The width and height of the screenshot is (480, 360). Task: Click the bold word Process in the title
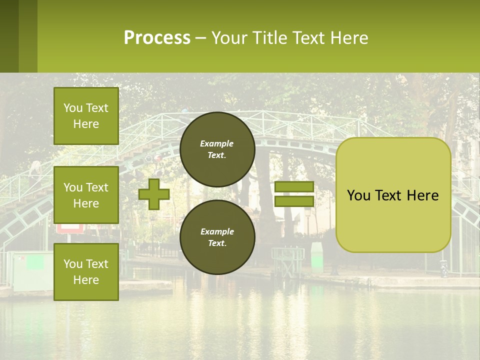tap(157, 38)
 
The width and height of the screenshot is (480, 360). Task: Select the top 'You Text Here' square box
tap(86, 116)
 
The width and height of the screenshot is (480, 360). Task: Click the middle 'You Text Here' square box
tap(86, 195)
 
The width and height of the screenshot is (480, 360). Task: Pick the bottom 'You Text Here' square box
tap(86, 272)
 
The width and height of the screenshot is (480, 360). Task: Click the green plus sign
tap(154, 194)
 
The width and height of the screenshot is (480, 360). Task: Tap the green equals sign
tap(294, 194)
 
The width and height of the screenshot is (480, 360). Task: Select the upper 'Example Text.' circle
tap(217, 149)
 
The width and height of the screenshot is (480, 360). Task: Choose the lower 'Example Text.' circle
tap(217, 237)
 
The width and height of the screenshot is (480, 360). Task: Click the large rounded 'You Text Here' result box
tap(393, 195)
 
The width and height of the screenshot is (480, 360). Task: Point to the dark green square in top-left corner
tap(9, 36)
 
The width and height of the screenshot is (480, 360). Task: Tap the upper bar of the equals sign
tap(294, 187)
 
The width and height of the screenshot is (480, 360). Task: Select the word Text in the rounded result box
tap(391, 195)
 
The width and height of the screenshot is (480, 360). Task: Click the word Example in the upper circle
tap(217, 143)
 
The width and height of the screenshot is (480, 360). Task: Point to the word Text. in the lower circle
tap(217, 243)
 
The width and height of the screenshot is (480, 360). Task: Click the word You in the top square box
tap(72, 108)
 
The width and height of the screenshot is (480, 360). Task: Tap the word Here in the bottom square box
tap(86, 280)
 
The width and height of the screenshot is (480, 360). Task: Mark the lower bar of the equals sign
tap(294, 201)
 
